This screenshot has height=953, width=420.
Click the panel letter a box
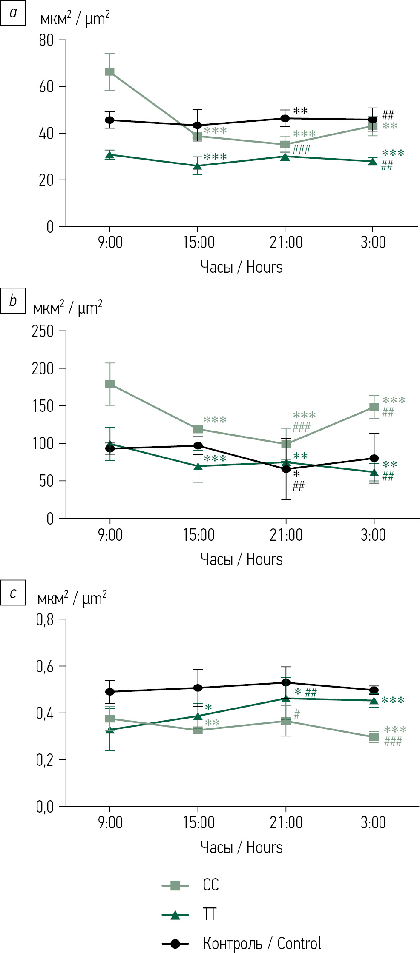(13, 13)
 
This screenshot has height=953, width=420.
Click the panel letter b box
(13, 301)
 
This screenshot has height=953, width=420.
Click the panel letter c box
(13, 592)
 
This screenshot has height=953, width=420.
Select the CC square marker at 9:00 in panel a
(110, 72)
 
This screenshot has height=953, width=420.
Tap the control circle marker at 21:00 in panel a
(285, 118)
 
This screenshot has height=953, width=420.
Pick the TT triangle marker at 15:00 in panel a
(198, 166)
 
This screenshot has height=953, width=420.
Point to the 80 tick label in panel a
(46, 40)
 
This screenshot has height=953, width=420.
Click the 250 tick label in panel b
(43, 331)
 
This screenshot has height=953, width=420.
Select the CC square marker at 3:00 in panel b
(374, 407)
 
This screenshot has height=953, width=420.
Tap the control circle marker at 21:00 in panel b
(286, 469)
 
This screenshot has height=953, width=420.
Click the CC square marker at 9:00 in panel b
(110, 384)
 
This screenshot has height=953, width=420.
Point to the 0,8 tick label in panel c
(45, 620)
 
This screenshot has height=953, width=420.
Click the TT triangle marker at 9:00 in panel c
(110, 730)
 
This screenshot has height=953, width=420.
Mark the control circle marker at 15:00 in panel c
(198, 688)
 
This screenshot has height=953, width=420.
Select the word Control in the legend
(299, 943)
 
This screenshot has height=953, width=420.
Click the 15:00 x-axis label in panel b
(198, 535)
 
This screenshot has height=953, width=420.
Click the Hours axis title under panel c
(265, 847)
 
